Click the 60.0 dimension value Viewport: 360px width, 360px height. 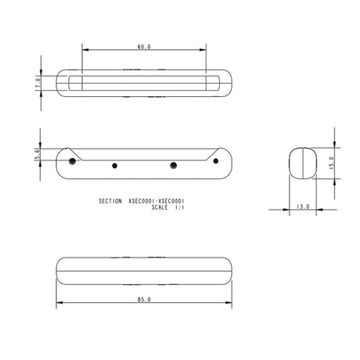click(x=144, y=47)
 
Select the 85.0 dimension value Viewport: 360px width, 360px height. click(x=143, y=299)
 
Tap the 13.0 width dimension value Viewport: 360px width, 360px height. click(x=304, y=207)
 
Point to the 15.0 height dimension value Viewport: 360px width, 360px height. click(x=331, y=163)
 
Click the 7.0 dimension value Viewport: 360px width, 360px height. click(x=37, y=82)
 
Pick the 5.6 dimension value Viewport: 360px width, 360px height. click(x=37, y=155)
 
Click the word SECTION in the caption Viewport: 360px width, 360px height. click(x=110, y=201)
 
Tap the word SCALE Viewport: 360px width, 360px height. click(x=161, y=208)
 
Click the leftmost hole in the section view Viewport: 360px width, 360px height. click(x=72, y=160)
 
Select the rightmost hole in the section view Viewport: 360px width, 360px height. click(x=216, y=160)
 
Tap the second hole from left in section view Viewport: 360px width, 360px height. click(x=115, y=165)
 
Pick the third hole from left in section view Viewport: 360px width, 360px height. click(x=174, y=165)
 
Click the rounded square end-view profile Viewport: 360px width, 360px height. click(x=304, y=162)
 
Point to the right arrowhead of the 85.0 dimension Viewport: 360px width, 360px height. click(x=231, y=304)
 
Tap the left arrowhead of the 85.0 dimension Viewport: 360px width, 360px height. click(x=58, y=304)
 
